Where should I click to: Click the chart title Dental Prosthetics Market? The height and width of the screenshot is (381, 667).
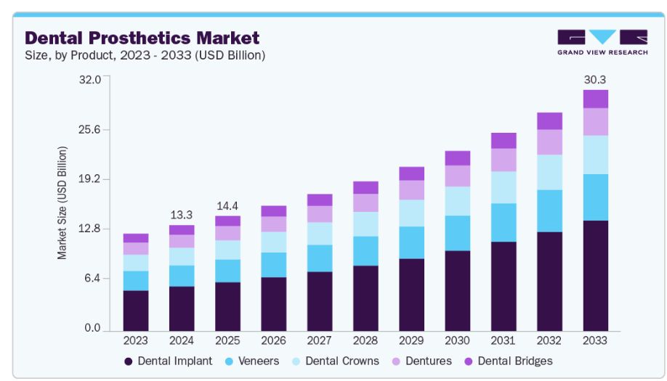click(x=142, y=37)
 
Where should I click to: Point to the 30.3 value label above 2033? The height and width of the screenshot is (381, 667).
click(x=595, y=80)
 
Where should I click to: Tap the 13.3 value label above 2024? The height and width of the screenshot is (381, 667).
click(x=182, y=215)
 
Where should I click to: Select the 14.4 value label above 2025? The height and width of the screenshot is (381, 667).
click(x=227, y=205)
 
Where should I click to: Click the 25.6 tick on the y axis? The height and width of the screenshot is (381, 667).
click(x=90, y=130)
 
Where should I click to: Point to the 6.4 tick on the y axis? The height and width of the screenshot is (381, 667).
click(x=93, y=279)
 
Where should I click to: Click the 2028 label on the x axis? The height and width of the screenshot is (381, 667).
click(x=365, y=340)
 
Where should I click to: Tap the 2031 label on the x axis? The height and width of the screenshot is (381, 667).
click(x=504, y=340)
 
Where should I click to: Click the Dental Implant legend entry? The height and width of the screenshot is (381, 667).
click(x=168, y=361)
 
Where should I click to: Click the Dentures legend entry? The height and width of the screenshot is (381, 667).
click(x=421, y=361)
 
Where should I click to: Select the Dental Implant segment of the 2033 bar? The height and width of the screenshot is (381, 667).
click(x=595, y=275)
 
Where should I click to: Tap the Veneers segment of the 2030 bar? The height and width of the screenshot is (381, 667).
click(x=458, y=233)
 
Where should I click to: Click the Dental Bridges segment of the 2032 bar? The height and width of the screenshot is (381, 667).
click(x=549, y=121)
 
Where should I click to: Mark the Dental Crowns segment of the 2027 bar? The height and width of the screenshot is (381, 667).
click(x=320, y=234)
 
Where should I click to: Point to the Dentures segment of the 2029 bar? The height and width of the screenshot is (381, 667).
click(x=411, y=190)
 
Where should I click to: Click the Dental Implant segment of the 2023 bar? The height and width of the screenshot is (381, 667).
click(x=136, y=310)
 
